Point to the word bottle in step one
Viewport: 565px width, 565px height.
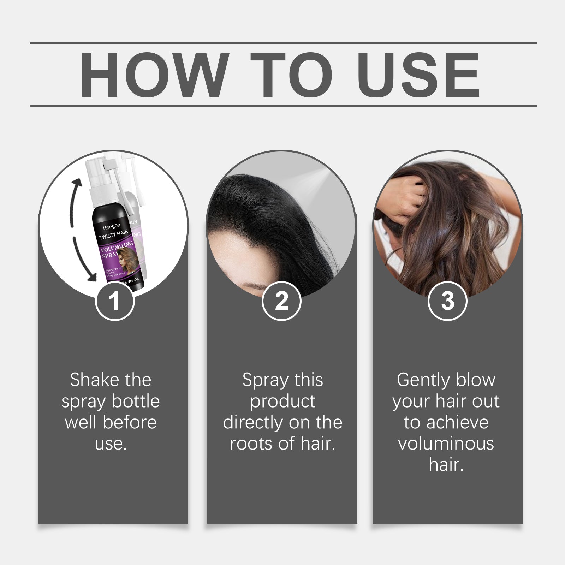[136, 402]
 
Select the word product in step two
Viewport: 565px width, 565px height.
[282, 402]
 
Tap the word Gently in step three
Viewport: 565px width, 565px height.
[423, 380]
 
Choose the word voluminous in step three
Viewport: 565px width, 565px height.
[446, 444]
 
